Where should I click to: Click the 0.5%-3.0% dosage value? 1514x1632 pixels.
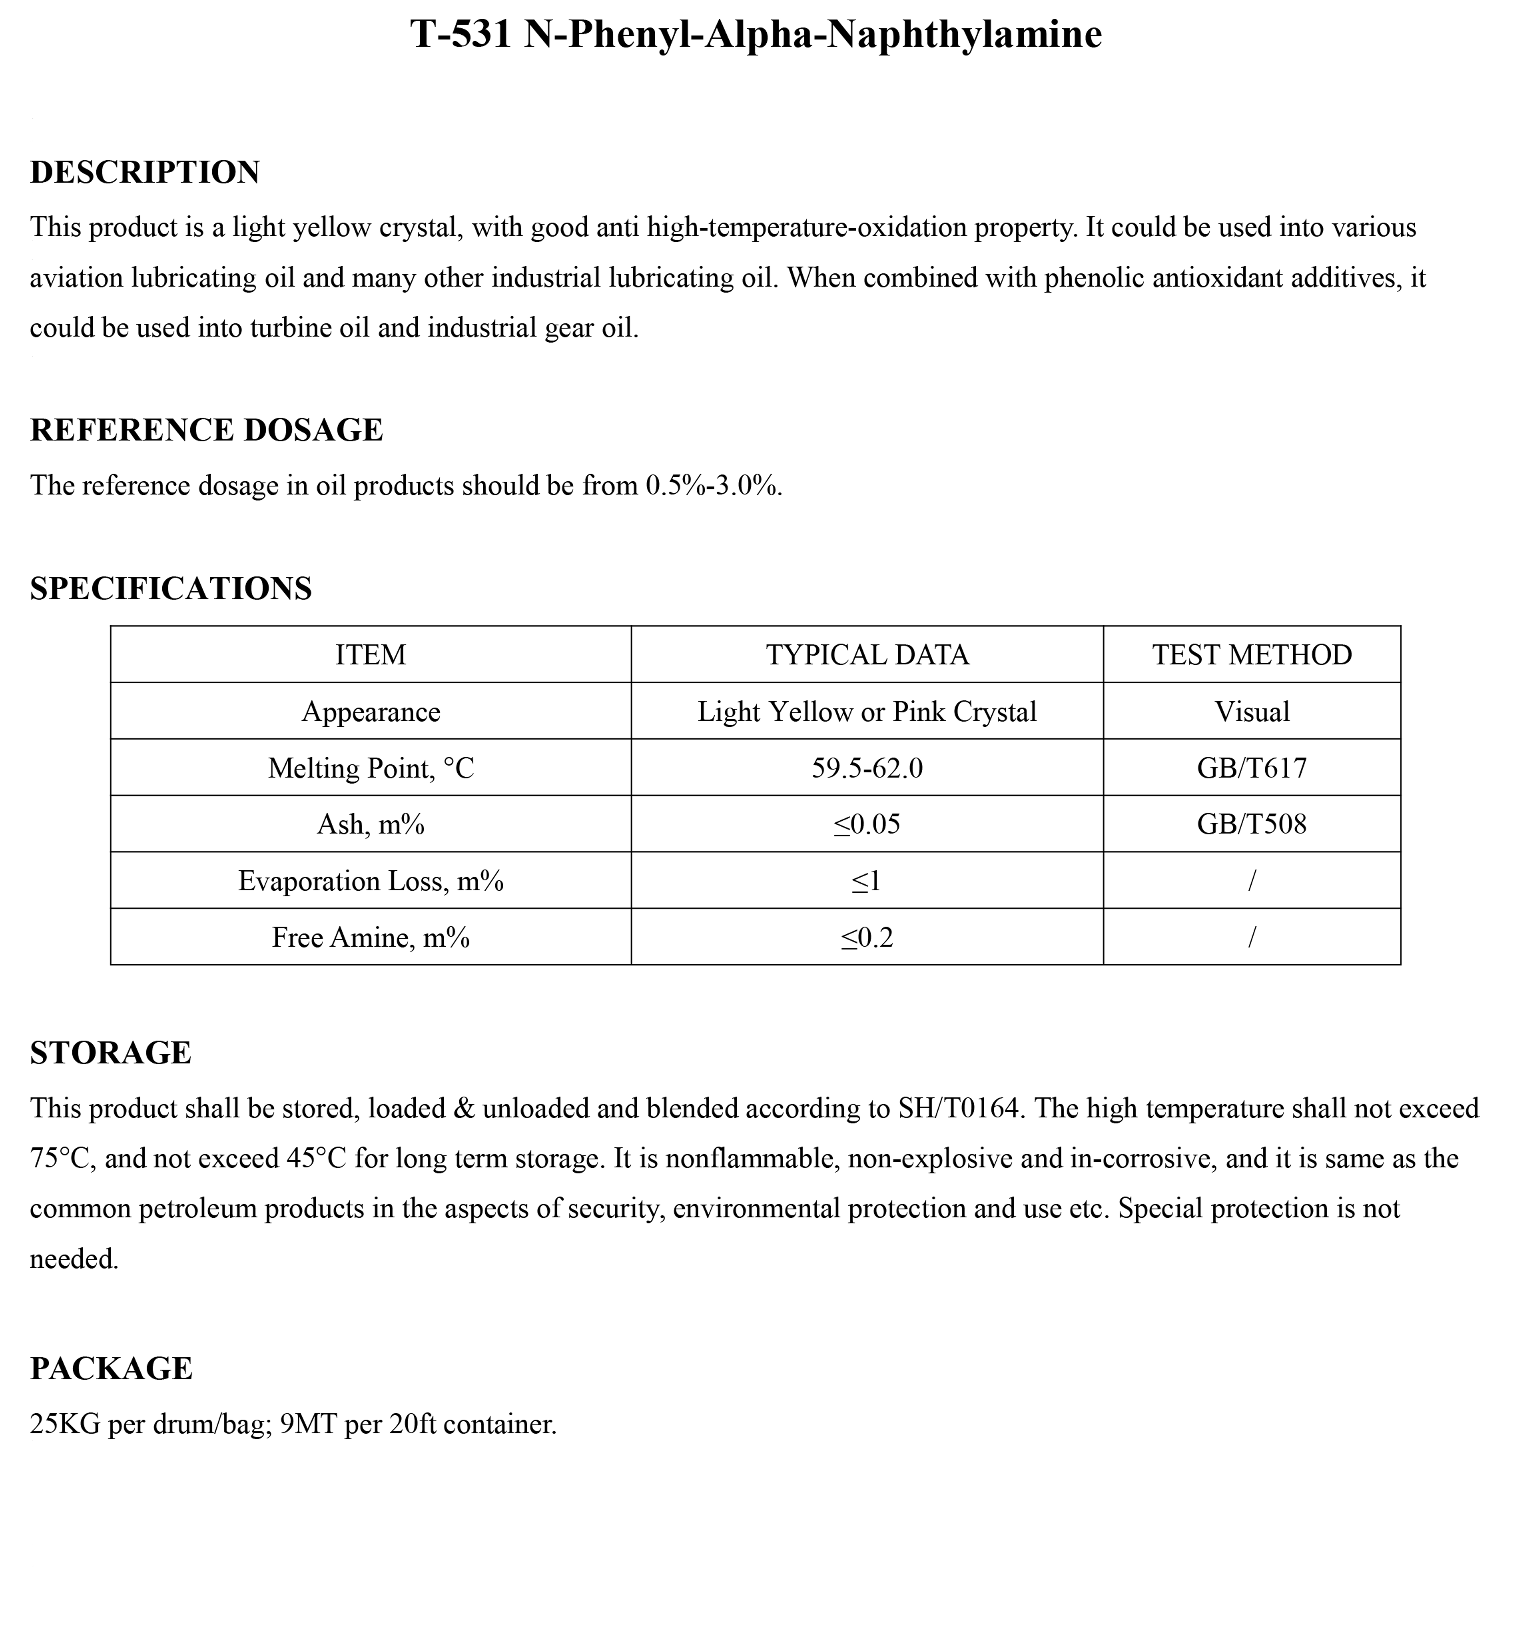pos(712,486)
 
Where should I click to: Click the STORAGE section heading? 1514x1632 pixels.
pos(111,1053)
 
